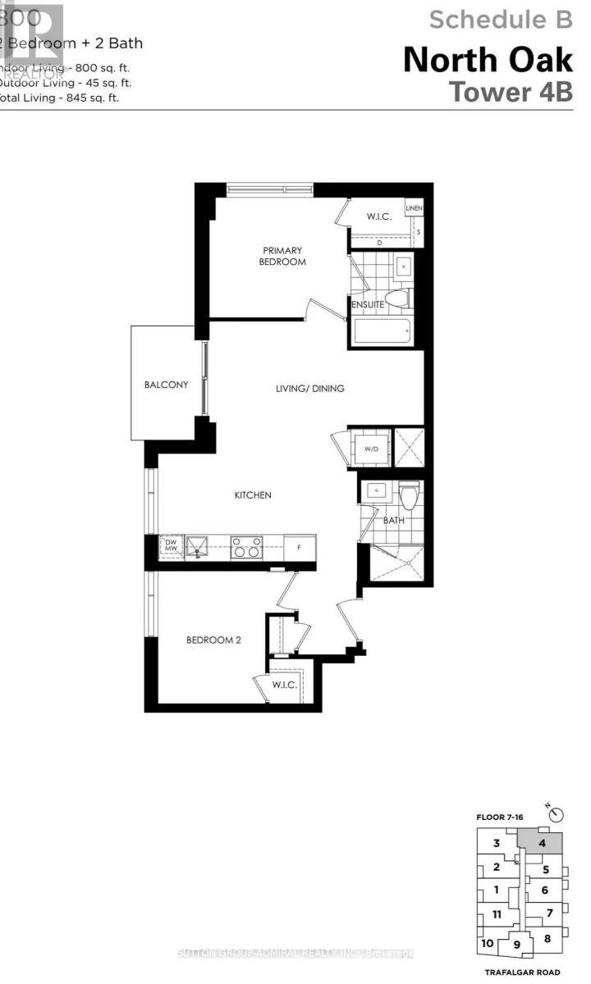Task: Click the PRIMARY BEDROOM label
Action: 283,256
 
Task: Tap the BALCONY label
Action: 167,385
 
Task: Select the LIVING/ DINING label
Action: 309,389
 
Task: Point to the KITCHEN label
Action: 253,495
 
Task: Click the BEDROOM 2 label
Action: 213,640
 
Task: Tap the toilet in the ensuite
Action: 399,298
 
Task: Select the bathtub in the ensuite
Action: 382,332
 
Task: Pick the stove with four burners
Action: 245,546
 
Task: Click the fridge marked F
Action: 299,546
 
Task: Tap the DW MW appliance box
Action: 170,546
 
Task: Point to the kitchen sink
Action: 196,545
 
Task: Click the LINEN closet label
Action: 414,209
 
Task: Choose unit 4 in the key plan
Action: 543,842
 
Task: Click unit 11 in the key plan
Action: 497,914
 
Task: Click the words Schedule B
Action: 501,18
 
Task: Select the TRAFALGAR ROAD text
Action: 519,972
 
